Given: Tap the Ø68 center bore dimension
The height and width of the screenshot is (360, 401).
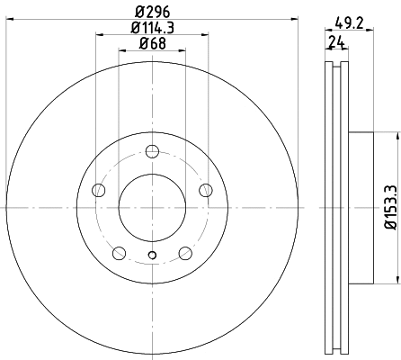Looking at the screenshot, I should [x=152, y=46].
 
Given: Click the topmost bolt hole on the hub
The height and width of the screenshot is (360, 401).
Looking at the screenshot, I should [x=152, y=150].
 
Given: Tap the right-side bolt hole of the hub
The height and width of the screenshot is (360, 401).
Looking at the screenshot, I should [x=206, y=189].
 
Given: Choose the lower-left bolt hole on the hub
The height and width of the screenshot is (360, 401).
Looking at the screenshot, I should [x=119, y=253].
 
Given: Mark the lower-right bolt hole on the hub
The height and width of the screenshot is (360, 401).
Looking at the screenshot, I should [x=185, y=253].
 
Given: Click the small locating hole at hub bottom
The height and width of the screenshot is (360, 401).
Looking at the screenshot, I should [x=152, y=259].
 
